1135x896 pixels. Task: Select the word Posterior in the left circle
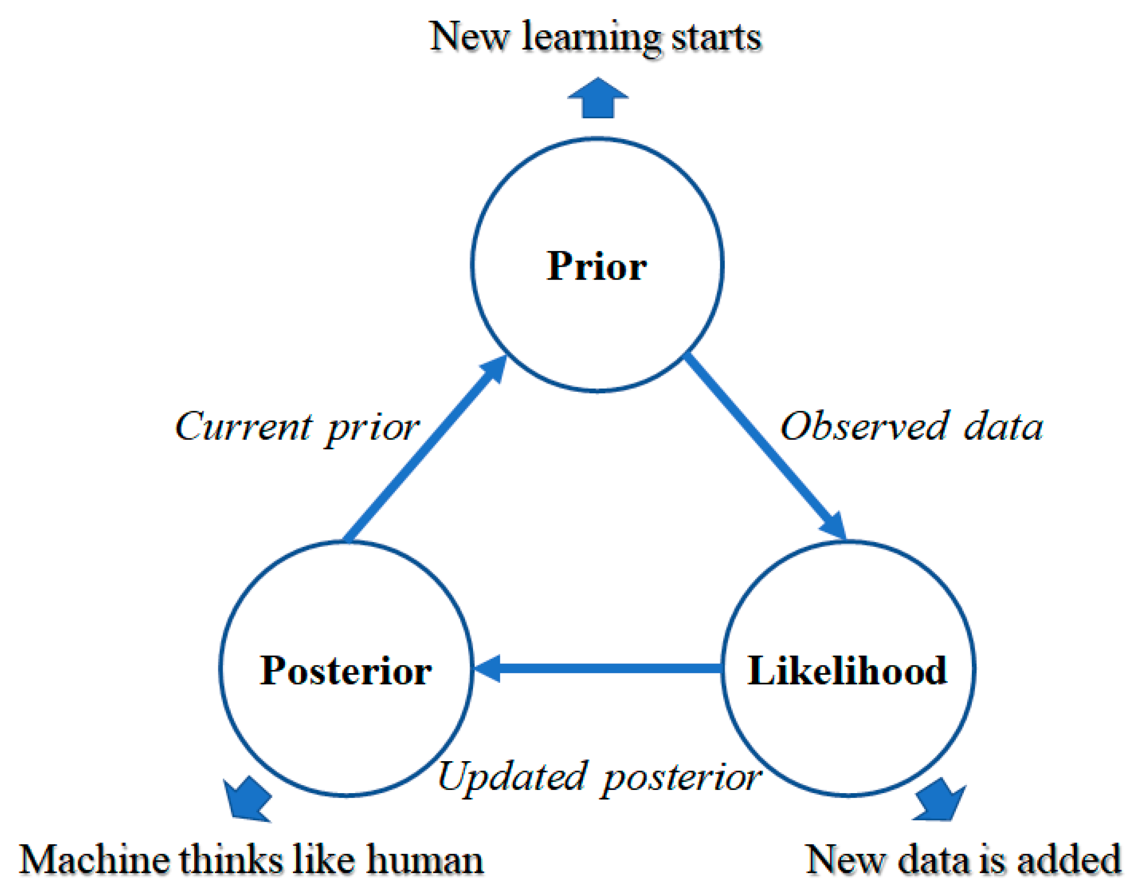pos(346,671)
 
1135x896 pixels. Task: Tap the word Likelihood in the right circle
pos(847,671)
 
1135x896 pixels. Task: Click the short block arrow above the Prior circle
pos(598,99)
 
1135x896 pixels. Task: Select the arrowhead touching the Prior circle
pos(494,370)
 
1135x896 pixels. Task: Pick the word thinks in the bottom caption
pos(231,860)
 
